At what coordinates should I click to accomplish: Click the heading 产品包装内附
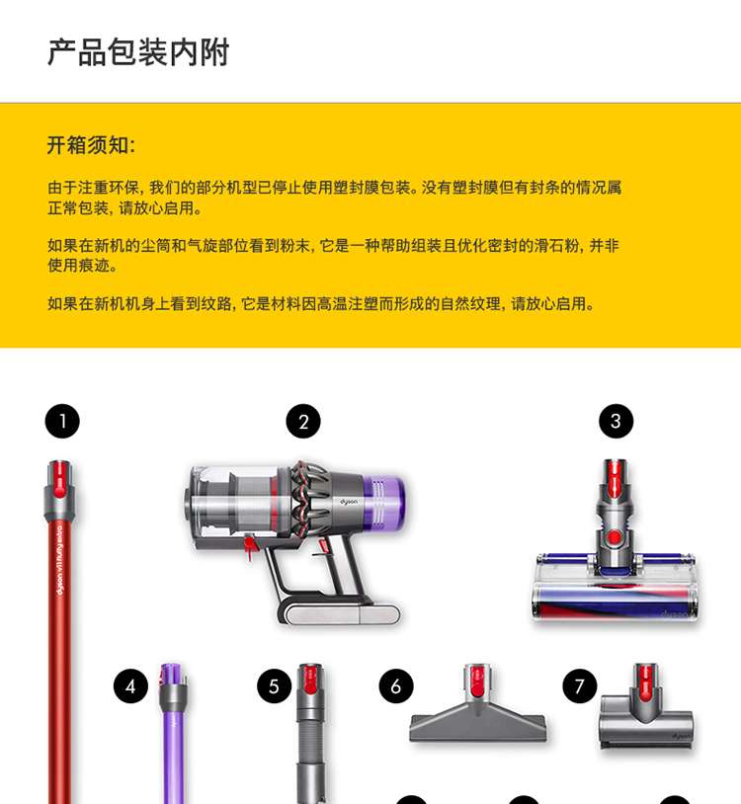[138, 51]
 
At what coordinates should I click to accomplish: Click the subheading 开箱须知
[91, 145]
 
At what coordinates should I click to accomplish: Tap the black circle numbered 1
[62, 422]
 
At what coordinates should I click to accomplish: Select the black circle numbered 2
[303, 422]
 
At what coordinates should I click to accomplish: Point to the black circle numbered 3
[616, 422]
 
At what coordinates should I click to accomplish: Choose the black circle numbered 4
[130, 686]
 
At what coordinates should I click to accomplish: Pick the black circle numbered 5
[275, 686]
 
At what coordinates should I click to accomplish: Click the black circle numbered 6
[396, 686]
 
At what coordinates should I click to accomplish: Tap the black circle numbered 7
[580, 686]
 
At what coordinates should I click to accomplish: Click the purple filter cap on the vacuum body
[383, 503]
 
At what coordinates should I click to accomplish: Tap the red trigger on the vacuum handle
[250, 546]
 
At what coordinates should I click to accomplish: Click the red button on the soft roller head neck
[614, 538]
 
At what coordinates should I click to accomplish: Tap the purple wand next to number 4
[172, 733]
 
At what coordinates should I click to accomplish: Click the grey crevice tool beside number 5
[311, 733]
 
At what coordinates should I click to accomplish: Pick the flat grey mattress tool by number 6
[477, 705]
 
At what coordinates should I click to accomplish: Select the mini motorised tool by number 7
[646, 706]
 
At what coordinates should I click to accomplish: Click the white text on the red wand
[60, 558]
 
